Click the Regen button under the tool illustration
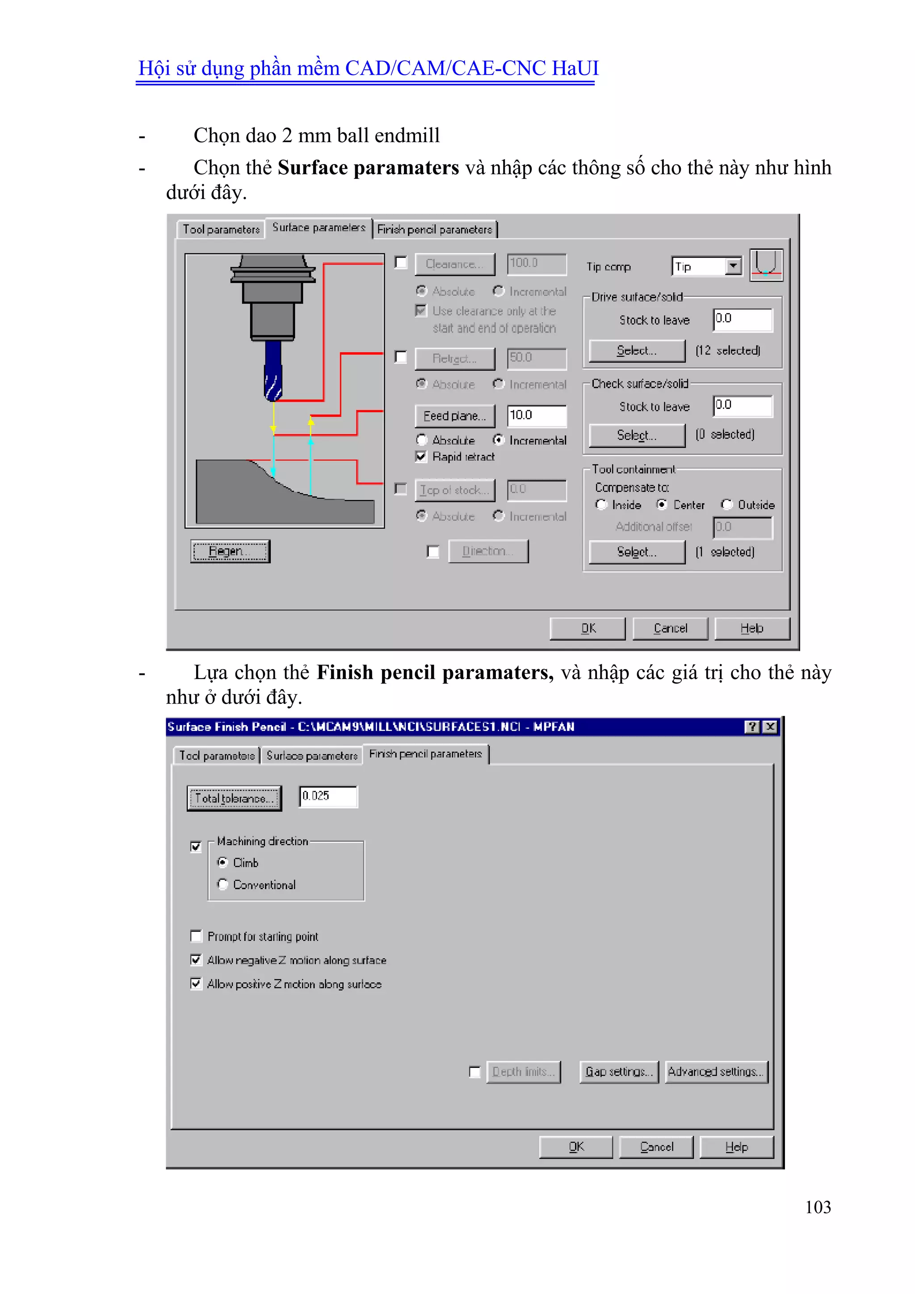(230, 551)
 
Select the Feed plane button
(455, 416)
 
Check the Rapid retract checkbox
(421, 456)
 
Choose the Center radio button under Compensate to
(662, 504)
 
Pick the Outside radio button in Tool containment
(727, 504)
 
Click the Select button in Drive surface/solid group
(637, 350)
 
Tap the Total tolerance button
(234, 798)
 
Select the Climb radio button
(223, 862)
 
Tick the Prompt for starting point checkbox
(196, 936)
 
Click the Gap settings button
(619, 1071)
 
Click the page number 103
(818, 1207)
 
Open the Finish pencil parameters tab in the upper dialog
(434, 229)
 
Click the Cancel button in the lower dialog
(656, 1147)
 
